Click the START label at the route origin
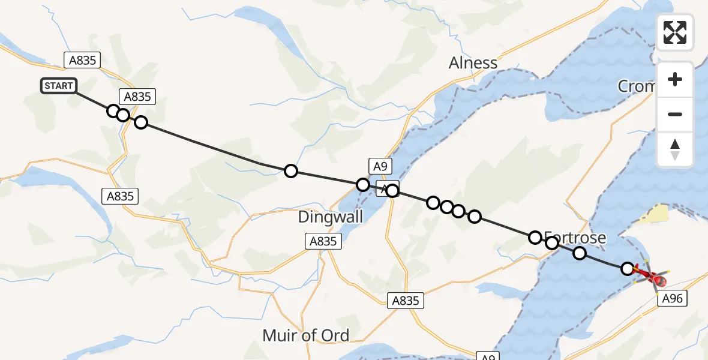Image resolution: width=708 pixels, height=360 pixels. [58, 86]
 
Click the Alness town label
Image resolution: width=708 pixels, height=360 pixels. [473, 63]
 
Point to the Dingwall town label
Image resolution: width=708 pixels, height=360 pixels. [331, 217]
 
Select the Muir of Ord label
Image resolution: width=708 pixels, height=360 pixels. [306, 335]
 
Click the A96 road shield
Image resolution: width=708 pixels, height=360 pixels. [672, 298]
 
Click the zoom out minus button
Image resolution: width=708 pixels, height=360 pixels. [675, 115]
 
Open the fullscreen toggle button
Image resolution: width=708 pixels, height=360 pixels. [675, 32]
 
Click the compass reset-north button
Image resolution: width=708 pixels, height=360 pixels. [675, 149]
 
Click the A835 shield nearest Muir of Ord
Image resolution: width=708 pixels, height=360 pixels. [406, 301]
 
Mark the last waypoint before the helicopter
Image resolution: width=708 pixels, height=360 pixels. [628, 269]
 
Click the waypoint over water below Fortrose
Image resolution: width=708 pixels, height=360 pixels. [579, 253]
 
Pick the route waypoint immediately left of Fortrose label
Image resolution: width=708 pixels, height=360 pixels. [535, 238]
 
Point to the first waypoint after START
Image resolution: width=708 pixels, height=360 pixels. [113, 110]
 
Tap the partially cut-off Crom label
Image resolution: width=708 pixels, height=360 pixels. [637, 87]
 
